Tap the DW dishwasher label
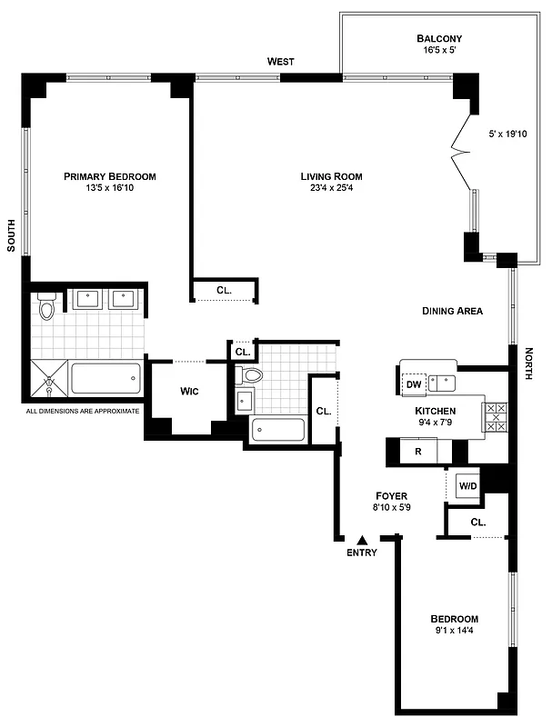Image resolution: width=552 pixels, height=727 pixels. (x=414, y=384)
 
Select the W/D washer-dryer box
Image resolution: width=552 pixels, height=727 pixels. (x=467, y=485)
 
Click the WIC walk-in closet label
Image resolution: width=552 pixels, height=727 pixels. (x=189, y=391)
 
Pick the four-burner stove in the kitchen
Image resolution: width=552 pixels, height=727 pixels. (x=497, y=416)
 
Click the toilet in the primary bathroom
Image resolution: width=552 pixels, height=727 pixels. (x=47, y=309)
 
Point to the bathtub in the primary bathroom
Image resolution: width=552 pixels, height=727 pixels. (x=107, y=378)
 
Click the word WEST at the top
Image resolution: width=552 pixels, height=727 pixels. (x=280, y=62)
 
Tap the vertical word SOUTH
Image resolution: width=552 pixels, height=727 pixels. (x=12, y=234)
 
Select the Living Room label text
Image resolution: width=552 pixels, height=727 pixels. (x=332, y=176)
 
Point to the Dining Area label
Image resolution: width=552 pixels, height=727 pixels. (x=452, y=311)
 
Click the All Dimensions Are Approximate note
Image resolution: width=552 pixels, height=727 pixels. (x=84, y=411)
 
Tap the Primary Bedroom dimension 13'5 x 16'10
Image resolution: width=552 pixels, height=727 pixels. (x=109, y=188)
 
